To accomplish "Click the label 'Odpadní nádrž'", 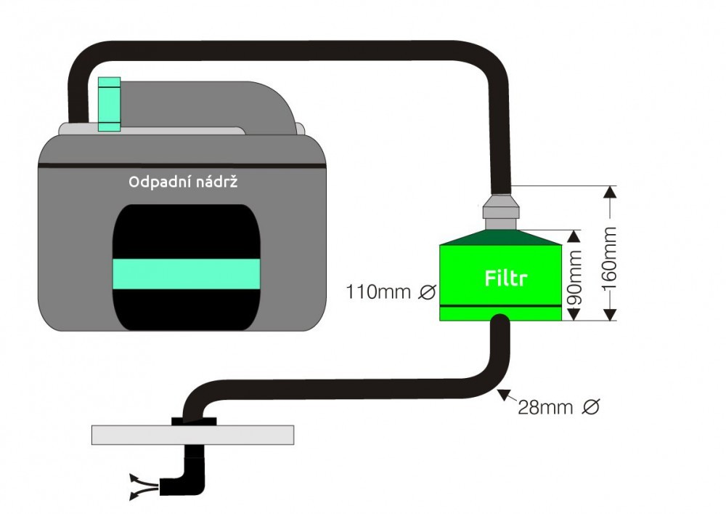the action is pyautogui.click(x=183, y=182).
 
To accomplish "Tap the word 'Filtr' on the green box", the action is pyautogui.click(x=505, y=278).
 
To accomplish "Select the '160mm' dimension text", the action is pyautogui.click(x=610, y=257).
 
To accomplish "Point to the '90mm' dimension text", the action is pyautogui.click(x=574, y=278).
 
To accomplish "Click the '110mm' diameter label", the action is pyautogui.click(x=378, y=292).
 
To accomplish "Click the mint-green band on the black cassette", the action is pyautogui.click(x=187, y=274).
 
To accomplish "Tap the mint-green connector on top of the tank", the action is pyautogui.click(x=110, y=104).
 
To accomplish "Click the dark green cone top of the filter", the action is pyautogui.click(x=500, y=237).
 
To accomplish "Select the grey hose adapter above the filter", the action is pyautogui.click(x=500, y=212).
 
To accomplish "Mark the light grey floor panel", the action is pyautogui.click(x=192, y=435).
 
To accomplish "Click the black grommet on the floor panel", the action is pyautogui.click(x=194, y=421).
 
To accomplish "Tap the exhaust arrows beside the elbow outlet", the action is pyautogui.click(x=144, y=486).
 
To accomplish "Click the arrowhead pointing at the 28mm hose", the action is pyautogui.click(x=503, y=395).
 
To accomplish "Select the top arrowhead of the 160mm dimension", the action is pyautogui.click(x=611, y=192).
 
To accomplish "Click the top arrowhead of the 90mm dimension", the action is pyautogui.click(x=574, y=236).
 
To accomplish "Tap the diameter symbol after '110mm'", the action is pyautogui.click(x=427, y=292).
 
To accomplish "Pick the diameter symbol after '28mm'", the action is pyautogui.click(x=591, y=407).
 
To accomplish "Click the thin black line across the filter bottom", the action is pyautogui.click(x=500, y=306).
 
